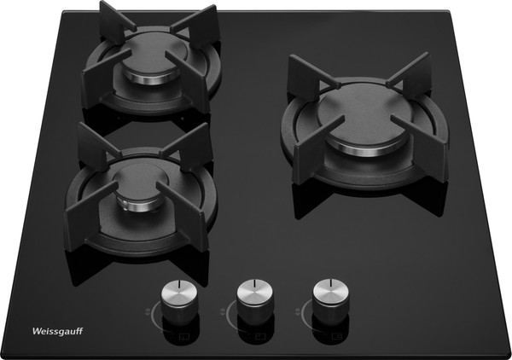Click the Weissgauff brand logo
point(57,331)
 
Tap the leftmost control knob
point(179,302)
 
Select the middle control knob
point(255,302)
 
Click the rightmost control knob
point(331,301)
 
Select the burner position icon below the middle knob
point(260,336)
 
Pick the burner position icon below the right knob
point(336,336)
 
